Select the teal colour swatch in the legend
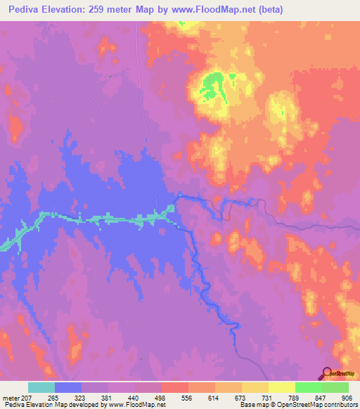pyautogui.click(x=41, y=387)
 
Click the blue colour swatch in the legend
pyautogui.click(x=68, y=387)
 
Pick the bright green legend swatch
pyautogui.click(x=309, y=387)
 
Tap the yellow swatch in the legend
pyautogui.click(x=282, y=387)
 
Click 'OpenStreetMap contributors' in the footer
pyautogui.click(x=314, y=405)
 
